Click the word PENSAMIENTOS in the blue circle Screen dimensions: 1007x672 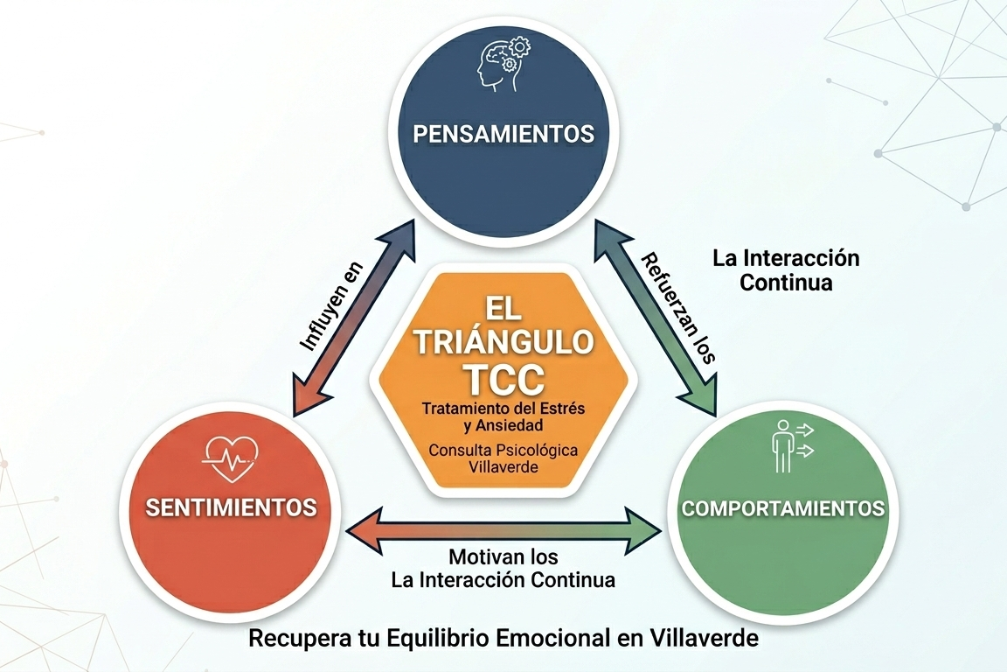pos(503,135)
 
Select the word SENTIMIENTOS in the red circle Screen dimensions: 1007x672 pos(231,507)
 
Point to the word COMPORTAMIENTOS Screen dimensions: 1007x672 pos(782,508)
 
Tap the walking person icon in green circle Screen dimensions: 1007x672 pos(786,444)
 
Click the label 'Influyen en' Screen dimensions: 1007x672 pos(331,305)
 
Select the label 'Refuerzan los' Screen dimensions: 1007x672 pos(678,308)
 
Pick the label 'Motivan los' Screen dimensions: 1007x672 pos(503,557)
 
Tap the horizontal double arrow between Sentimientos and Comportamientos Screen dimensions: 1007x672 pos(503,528)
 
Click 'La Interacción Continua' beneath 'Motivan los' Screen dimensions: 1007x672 pos(503,579)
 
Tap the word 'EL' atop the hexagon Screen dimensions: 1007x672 pos(503,309)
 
